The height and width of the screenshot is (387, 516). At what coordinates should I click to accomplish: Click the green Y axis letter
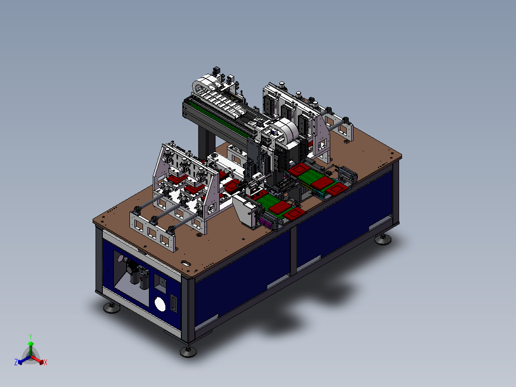[31, 337]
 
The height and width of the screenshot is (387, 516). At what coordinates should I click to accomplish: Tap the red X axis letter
[46, 362]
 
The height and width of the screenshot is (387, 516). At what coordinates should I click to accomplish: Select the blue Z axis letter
[16, 362]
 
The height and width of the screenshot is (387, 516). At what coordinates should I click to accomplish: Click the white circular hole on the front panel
[160, 304]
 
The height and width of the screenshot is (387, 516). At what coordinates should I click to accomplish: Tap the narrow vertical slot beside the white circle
[174, 304]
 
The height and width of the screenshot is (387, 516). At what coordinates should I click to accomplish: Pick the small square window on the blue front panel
[160, 283]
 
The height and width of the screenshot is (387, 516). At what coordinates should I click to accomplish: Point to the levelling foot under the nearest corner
[188, 351]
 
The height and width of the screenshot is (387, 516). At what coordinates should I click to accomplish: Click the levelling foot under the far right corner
[383, 239]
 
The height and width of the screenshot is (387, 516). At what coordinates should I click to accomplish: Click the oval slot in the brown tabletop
[186, 263]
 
